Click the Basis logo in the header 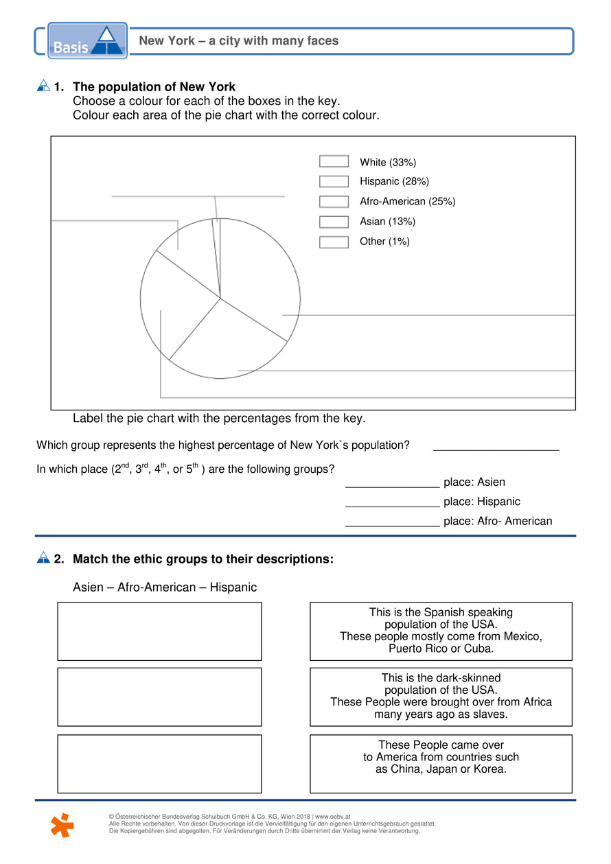pos(87,40)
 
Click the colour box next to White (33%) pos(334,162)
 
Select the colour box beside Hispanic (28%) pos(334,182)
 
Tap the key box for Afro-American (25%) pos(334,202)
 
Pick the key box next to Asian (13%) pos(334,222)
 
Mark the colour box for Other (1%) pos(334,242)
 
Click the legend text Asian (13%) pos(387,222)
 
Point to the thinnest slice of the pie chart pos(217,257)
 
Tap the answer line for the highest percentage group pos(496,445)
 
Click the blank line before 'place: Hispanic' pos(392,502)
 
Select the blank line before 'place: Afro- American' pos(392,522)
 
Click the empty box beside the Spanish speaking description pos(159,631)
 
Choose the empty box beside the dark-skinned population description pos(159,697)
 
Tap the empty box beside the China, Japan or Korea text pos(159,764)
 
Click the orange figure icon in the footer pos(61,824)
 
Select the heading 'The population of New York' pos(154,87)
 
